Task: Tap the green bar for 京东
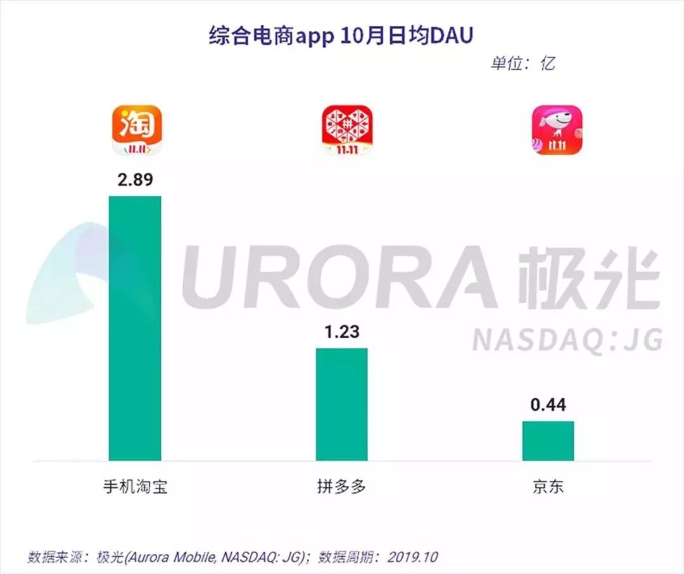pos(548,440)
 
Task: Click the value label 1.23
pos(341,331)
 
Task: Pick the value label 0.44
pos(548,404)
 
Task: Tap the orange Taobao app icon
pos(137,130)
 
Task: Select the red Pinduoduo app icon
pos(346,130)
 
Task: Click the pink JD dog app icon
pos(556,130)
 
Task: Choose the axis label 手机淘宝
pos(135,487)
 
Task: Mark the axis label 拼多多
pos(341,487)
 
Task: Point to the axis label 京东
pos(548,487)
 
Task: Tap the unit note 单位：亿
pos(523,63)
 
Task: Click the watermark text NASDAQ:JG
pos(567,340)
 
